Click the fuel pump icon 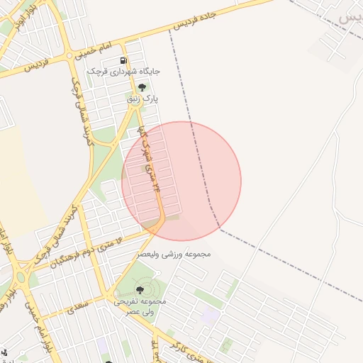tap(125, 62)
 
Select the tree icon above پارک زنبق tap(143, 88)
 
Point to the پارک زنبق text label tap(143, 99)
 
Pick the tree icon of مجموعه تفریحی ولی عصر tap(139, 290)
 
